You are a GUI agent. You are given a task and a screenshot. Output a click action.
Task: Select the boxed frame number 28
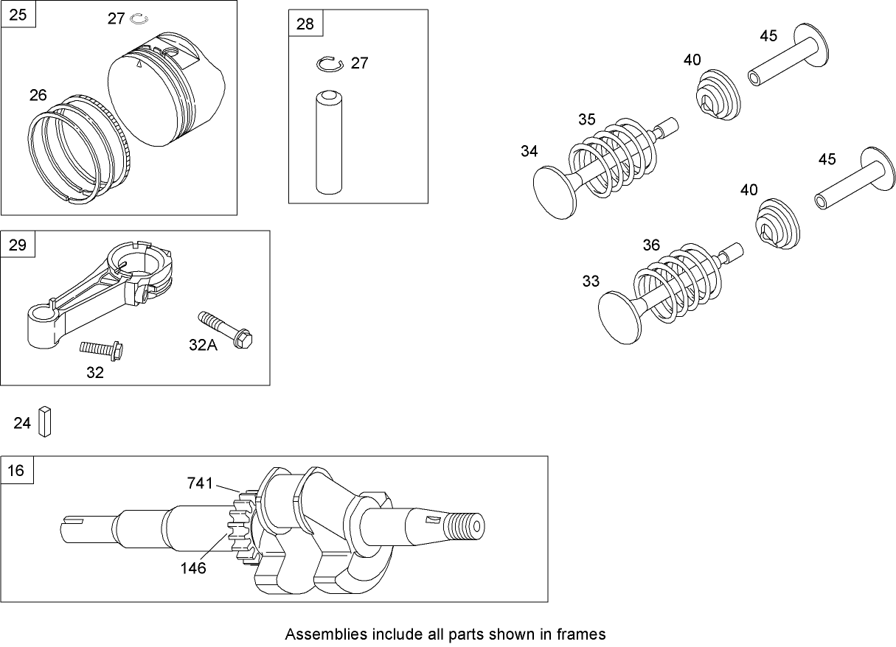tap(305, 24)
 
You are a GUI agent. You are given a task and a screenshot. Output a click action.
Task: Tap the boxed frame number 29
tap(17, 245)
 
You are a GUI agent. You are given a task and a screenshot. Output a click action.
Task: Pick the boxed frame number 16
tap(17, 470)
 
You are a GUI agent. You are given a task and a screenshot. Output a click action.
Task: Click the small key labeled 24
tap(45, 422)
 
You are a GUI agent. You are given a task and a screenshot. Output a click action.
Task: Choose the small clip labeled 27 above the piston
tap(139, 18)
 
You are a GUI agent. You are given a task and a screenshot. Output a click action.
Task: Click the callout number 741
tap(200, 483)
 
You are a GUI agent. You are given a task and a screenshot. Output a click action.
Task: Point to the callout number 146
tap(193, 568)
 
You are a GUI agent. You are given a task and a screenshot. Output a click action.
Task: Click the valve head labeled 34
tap(555, 191)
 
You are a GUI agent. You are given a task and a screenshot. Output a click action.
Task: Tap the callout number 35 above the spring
tap(586, 119)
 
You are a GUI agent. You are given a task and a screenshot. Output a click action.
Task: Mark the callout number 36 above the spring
tap(651, 245)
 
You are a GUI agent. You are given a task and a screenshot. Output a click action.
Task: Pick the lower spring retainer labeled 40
tap(777, 223)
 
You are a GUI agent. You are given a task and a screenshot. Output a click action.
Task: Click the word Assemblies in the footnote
tap(316, 634)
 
